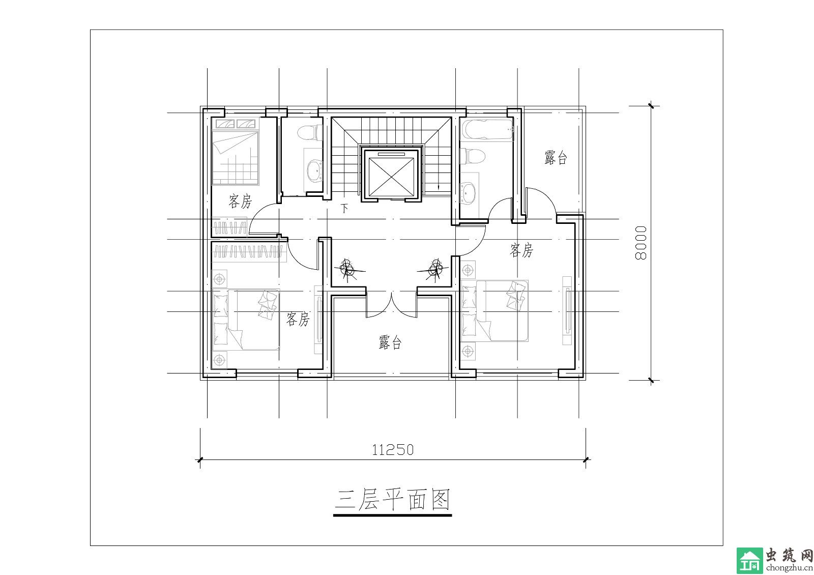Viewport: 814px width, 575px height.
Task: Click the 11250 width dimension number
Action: click(x=393, y=450)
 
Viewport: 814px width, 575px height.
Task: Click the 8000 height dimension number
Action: click(x=641, y=243)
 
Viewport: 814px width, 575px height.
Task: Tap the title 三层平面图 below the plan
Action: click(x=392, y=500)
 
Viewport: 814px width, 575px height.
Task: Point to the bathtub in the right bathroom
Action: click(x=486, y=130)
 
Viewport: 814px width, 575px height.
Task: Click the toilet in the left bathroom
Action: click(x=310, y=133)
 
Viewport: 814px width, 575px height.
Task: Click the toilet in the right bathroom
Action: click(x=473, y=156)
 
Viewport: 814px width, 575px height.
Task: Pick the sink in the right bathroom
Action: click(x=468, y=193)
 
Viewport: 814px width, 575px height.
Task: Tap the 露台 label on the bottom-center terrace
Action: click(x=390, y=342)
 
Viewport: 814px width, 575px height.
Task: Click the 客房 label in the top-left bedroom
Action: click(x=240, y=201)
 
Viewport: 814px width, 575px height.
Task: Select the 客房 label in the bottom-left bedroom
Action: click(x=298, y=319)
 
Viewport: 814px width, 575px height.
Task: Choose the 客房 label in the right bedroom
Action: click(x=521, y=250)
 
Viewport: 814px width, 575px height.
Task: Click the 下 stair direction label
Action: click(x=344, y=208)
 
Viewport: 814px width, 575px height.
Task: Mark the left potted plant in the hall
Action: click(x=348, y=270)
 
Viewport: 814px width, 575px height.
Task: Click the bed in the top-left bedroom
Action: click(x=236, y=152)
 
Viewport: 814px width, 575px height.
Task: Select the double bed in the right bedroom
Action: click(x=495, y=310)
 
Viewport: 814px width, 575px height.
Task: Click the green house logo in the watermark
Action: click(x=750, y=560)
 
